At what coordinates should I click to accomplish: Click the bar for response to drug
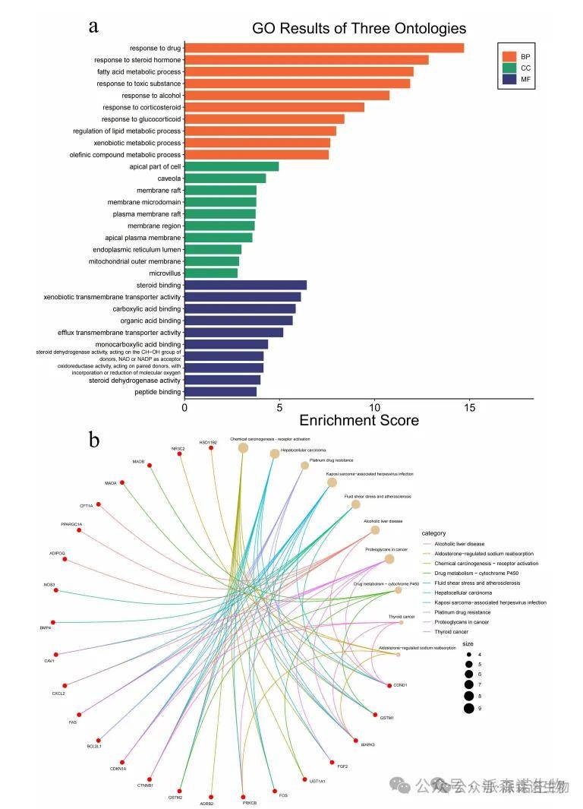(324, 48)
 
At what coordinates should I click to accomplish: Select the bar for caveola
(225, 179)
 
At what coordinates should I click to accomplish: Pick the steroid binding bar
(245, 285)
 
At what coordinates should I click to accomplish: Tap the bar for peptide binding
(220, 392)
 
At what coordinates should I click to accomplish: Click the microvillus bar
(211, 273)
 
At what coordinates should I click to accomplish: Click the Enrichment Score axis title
(359, 420)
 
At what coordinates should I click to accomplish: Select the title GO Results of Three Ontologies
(359, 29)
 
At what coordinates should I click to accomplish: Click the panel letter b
(94, 439)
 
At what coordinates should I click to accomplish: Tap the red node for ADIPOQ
(65, 560)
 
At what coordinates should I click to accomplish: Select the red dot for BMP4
(53, 622)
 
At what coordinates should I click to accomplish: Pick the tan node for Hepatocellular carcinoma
(275, 453)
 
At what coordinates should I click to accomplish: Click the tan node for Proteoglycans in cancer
(389, 559)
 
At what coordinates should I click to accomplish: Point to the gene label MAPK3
(368, 744)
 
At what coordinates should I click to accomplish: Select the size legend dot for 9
(469, 709)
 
